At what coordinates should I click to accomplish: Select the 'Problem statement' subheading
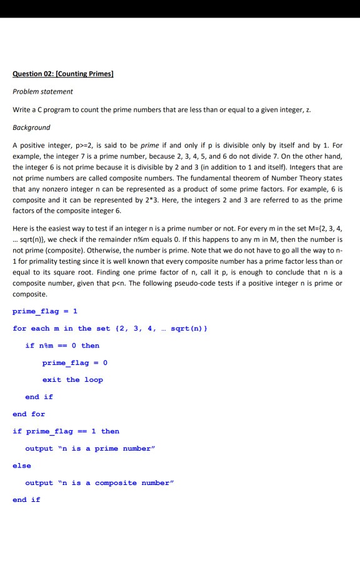(42, 91)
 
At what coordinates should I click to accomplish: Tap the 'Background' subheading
(31, 127)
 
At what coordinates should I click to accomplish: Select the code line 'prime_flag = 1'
(44, 311)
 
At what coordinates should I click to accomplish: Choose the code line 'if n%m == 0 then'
(62, 346)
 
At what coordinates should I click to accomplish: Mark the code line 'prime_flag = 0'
(74, 362)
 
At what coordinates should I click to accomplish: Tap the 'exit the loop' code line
(72, 379)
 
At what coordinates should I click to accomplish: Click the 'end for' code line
(29, 414)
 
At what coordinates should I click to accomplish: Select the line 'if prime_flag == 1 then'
(66, 431)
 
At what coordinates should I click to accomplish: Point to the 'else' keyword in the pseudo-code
(21, 465)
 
